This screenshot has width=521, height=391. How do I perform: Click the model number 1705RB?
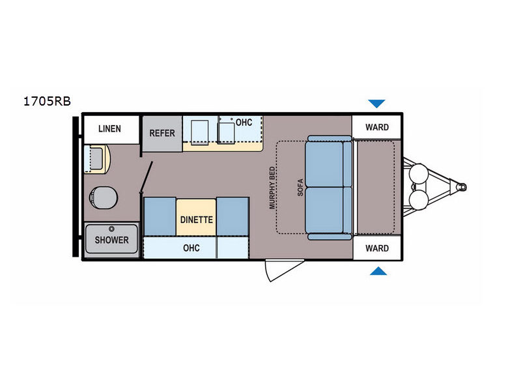[47, 101]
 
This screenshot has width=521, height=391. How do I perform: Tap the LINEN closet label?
[109, 128]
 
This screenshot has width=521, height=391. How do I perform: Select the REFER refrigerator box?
[162, 134]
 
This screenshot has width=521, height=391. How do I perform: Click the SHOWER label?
[111, 240]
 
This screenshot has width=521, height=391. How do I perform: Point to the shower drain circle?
[111, 229]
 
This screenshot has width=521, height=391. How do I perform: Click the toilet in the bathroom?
[104, 197]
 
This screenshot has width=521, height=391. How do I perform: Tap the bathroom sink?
[96, 159]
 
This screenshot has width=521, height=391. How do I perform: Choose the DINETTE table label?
[197, 220]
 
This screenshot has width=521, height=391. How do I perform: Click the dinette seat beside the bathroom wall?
[160, 216]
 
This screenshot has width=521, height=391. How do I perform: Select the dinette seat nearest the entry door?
[232, 216]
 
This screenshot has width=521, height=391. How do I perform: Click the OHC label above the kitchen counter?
[244, 123]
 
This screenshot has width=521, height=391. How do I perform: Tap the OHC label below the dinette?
[191, 248]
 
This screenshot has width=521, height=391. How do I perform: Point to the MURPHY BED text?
[272, 188]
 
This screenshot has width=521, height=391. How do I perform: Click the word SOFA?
[300, 188]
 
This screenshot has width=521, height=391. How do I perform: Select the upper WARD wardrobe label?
[377, 127]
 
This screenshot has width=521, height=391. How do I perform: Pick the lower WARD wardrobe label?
[377, 248]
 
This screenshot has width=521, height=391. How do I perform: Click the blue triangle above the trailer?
[376, 104]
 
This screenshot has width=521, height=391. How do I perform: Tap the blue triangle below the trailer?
[378, 271]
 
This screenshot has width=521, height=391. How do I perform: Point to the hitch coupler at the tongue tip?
[461, 187]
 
